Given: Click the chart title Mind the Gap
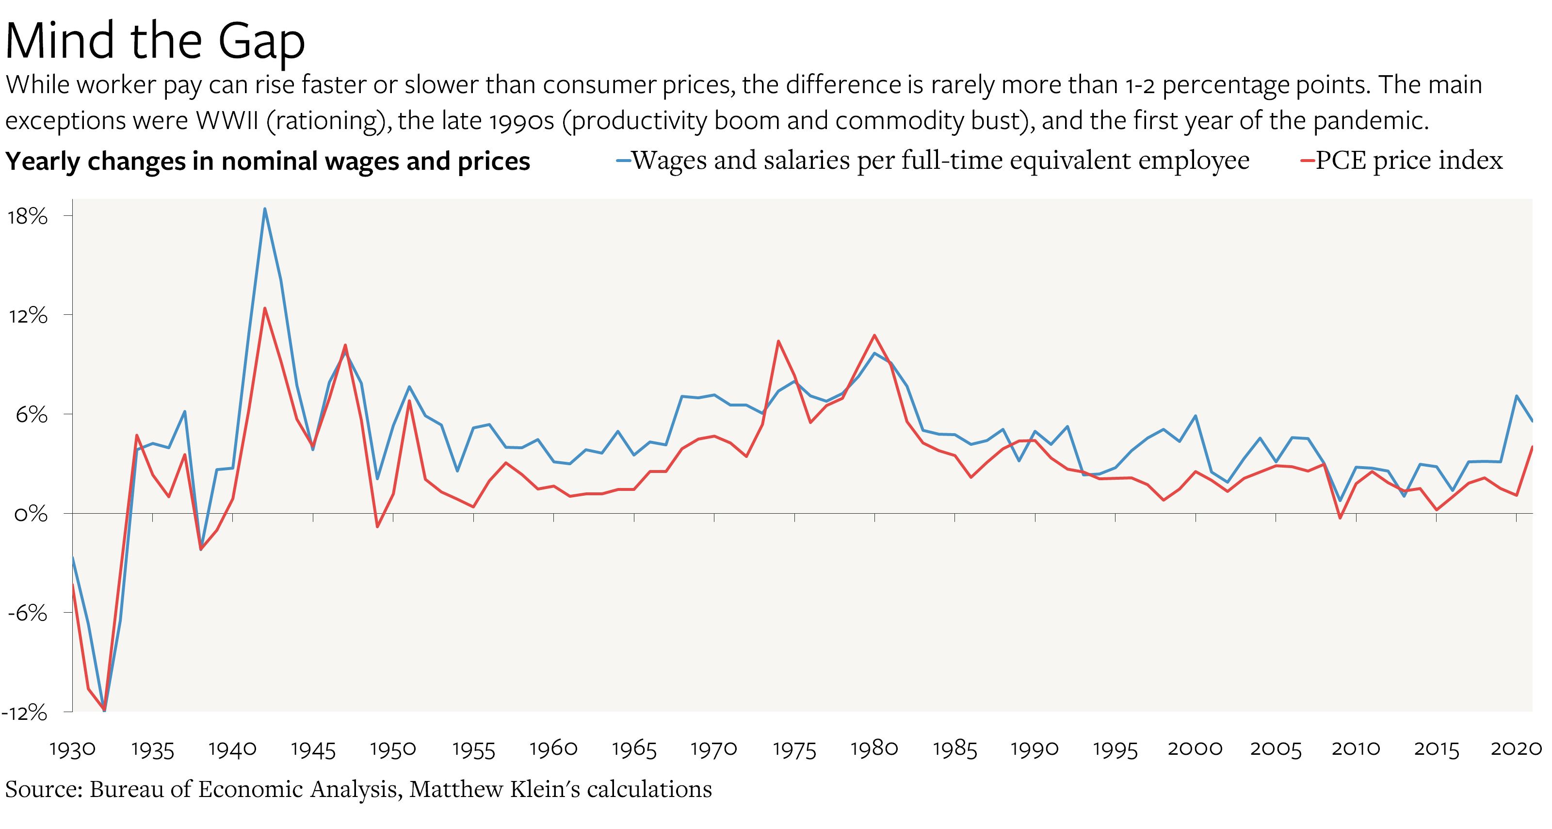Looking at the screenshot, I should (155, 41).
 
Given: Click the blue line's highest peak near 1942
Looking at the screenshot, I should (264, 209).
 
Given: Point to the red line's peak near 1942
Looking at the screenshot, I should (264, 309).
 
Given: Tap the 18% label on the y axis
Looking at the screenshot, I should (28, 216).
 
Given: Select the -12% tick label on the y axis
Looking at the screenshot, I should (25, 713).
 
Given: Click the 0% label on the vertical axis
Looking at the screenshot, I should (31, 514).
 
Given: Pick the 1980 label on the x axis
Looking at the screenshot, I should (874, 749).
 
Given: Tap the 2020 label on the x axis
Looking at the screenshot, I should (1516, 749).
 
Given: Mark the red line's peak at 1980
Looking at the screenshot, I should (874, 336).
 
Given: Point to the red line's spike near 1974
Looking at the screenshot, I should (778, 341).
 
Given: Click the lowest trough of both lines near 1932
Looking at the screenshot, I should (104, 710).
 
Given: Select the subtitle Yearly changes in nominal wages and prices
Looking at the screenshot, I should (268, 162).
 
